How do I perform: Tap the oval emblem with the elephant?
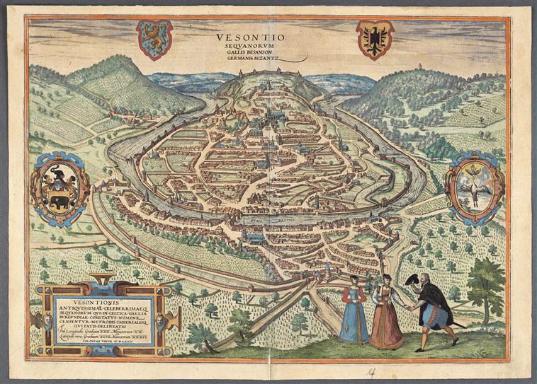[x=59, y=186]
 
